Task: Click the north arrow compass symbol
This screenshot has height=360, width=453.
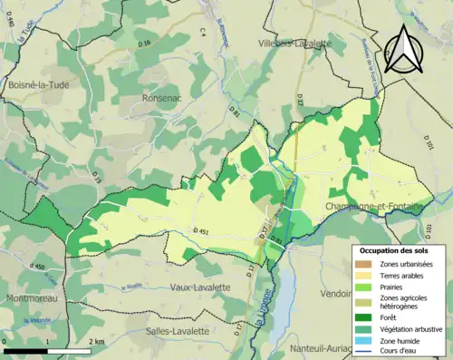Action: point(404,49)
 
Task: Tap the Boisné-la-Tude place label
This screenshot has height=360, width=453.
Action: point(37,84)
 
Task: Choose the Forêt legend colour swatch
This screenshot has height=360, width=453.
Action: point(365,317)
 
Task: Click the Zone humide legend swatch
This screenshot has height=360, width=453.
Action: point(365,343)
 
